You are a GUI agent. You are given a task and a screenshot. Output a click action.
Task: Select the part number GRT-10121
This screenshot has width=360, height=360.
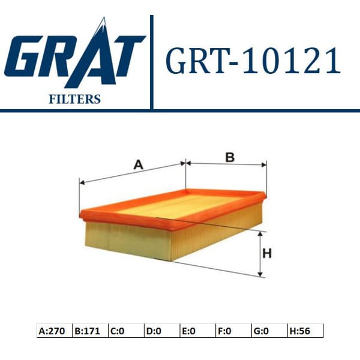pyautogui.click(x=252, y=62)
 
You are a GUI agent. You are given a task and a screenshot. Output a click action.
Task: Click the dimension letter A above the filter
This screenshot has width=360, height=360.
pyautogui.click(x=138, y=164)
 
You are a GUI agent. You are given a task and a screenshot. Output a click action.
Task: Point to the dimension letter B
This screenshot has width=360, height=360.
pyautogui.click(x=229, y=157)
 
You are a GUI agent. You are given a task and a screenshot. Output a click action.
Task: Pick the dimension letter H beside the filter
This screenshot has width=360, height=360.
pyautogui.click(x=268, y=254)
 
